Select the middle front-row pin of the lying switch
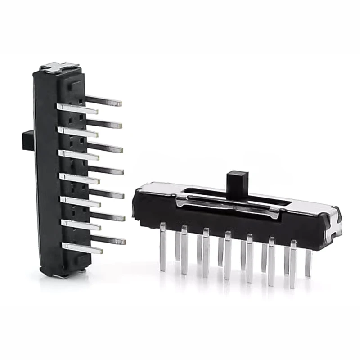click(x=228, y=256)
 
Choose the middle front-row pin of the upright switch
click(x=79, y=178)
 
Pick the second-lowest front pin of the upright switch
click(x=81, y=224)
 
